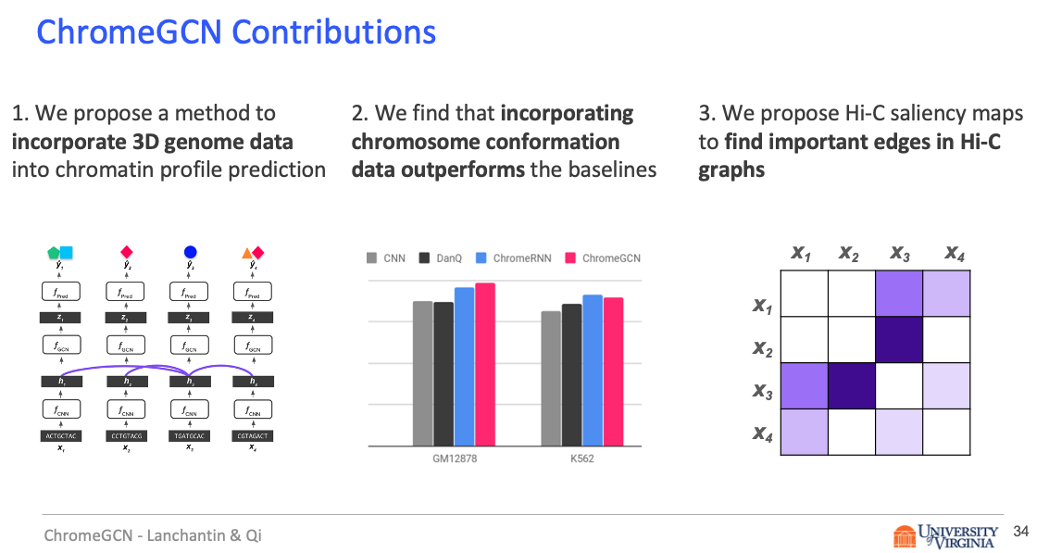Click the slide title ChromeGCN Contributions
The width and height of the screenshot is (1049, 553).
tap(236, 31)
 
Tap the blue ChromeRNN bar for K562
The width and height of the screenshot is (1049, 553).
tap(593, 370)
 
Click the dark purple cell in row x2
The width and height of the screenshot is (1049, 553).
tap(898, 339)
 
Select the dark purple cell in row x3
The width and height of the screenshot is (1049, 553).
tap(851, 385)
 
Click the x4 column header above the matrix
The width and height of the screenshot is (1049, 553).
tap(954, 252)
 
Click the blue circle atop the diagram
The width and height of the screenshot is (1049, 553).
tap(190, 251)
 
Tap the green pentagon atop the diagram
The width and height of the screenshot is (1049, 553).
tap(55, 252)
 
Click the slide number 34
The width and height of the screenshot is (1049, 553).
tap(1021, 532)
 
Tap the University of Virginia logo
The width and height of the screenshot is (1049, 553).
tap(945, 535)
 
